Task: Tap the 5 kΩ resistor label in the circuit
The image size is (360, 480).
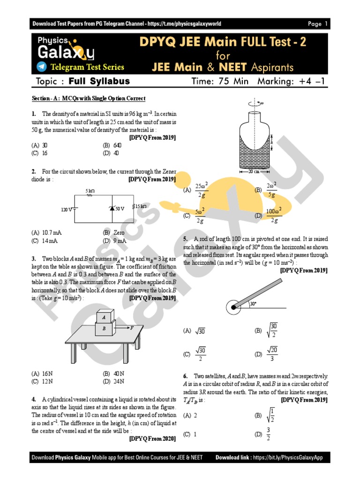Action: [90, 191]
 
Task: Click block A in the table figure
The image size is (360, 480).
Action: [104, 317]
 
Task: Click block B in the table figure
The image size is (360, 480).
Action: [104, 329]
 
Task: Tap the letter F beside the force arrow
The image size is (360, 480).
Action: [133, 328]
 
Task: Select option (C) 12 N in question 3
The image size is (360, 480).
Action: [42, 382]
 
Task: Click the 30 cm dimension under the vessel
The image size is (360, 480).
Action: [254, 172]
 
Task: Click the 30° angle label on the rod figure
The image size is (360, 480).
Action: [253, 304]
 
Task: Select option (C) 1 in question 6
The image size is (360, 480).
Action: [190, 435]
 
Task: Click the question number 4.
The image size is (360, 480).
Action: [34, 399]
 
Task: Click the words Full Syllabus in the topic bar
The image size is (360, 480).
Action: [99, 82]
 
